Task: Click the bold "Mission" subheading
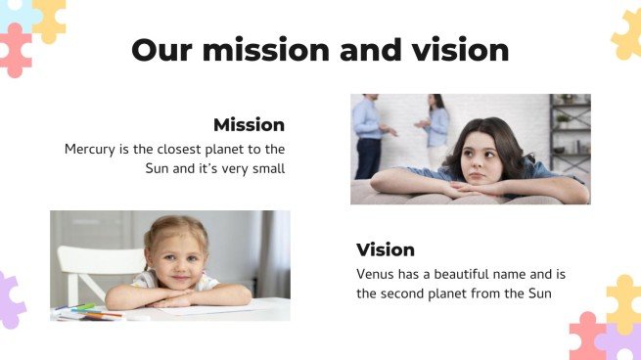pyautogui.click(x=249, y=125)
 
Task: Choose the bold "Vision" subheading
pyautogui.click(x=386, y=249)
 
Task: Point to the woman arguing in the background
pyautogui.click(x=436, y=127)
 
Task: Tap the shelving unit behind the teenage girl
pyautogui.click(x=569, y=132)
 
